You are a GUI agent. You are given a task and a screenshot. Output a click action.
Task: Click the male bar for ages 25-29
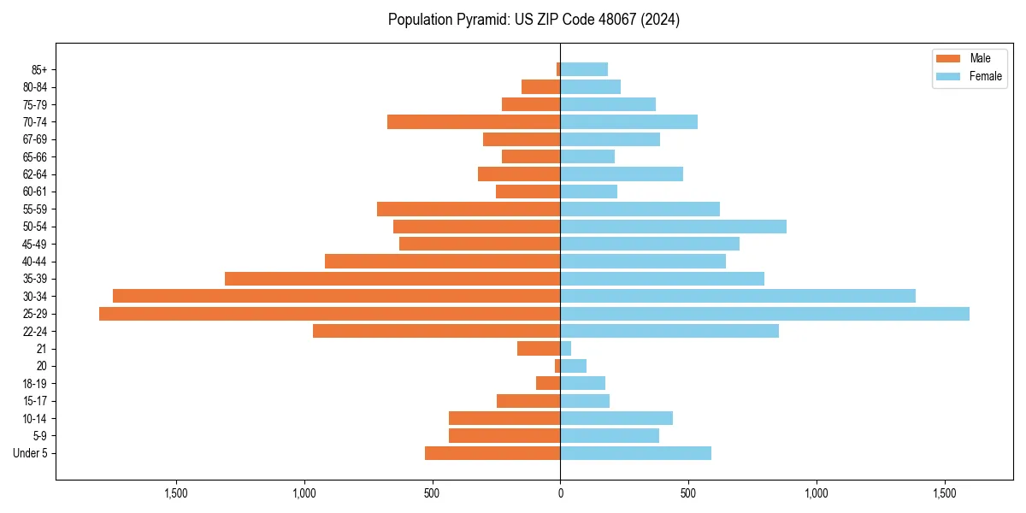point(329,314)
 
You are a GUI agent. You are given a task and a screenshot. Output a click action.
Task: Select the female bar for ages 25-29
point(764,314)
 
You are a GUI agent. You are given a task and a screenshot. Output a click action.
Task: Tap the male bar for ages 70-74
point(474,122)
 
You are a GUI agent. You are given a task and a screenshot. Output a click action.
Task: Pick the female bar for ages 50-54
point(673,227)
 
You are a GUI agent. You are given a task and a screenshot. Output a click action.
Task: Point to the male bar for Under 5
point(492,453)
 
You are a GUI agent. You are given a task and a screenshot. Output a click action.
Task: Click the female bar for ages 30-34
point(737,296)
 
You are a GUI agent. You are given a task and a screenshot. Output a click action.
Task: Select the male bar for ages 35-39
point(392,279)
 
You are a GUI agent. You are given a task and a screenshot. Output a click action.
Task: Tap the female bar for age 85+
point(584,69)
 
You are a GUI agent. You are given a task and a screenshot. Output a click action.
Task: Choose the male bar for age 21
point(539,349)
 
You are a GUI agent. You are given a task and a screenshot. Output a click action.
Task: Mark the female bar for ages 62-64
point(622,174)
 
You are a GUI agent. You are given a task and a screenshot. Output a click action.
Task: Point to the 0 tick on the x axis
point(560,493)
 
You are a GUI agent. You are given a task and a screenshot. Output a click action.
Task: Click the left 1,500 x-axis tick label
point(175,493)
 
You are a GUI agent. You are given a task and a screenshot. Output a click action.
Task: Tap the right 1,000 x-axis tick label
point(817,493)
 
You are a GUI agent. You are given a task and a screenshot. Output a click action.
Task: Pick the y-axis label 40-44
point(34,262)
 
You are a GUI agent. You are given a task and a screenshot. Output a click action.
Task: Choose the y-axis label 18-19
point(34,384)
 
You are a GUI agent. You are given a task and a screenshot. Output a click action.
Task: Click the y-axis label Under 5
point(30,453)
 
